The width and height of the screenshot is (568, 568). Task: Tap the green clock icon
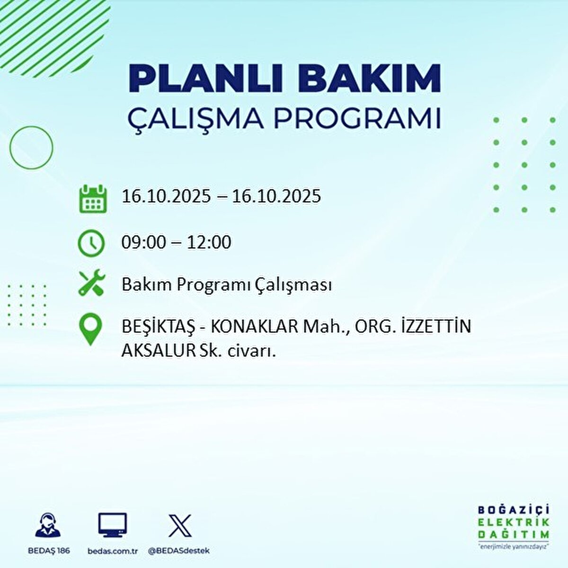91,243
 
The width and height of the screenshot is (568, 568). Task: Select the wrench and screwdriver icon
91,283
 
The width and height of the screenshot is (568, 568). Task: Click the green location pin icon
90,329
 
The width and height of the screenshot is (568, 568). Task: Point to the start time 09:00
143,243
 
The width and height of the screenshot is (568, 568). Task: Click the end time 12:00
209,243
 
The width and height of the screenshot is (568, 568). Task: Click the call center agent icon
48,525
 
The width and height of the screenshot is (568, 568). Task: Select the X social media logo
180,526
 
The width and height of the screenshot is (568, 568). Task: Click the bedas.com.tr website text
113,551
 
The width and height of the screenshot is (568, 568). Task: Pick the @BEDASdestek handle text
179,551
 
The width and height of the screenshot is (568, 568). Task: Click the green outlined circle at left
31,148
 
